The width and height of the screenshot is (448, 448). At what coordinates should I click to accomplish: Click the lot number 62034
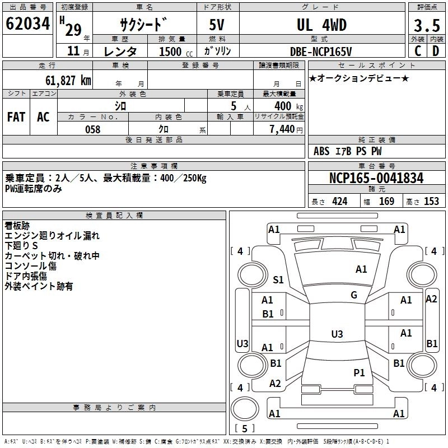coord(28,25)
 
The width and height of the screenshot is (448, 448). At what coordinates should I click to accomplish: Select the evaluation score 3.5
coord(426,25)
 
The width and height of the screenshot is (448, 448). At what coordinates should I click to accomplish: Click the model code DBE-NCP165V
coord(321,51)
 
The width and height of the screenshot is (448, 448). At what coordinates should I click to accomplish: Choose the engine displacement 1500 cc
coord(172,52)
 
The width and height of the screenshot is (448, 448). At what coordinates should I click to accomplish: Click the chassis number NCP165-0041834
coord(376,179)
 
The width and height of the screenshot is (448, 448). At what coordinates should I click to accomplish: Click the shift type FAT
coord(16,117)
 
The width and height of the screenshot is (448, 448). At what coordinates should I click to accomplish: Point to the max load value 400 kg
coord(282,106)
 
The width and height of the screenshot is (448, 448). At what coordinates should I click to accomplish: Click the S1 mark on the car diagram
coord(278,280)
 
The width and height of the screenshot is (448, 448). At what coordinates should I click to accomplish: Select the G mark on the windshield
coord(354,295)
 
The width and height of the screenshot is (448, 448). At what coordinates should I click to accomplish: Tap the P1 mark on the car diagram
coord(359,372)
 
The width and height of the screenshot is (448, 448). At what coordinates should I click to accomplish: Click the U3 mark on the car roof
coord(337,334)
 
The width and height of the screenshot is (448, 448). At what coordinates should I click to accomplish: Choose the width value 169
coord(386,202)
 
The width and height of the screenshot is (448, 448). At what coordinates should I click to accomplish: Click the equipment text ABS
coord(321,151)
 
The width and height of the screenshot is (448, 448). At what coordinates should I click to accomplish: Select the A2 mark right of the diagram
coord(431,299)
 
